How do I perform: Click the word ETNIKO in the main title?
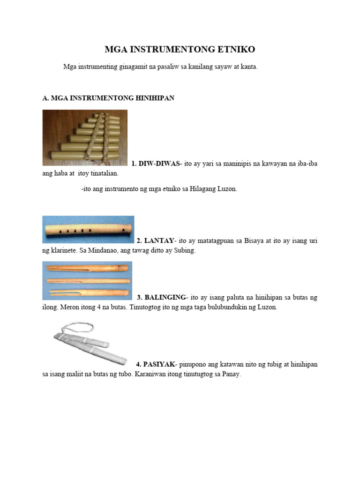click(233, 50)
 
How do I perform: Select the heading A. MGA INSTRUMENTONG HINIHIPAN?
click(108, 98)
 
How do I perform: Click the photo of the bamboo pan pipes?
click(85, 137)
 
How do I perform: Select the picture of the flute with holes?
click(88, 230)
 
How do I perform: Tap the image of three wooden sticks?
click(87, 280)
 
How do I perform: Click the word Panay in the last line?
click(230, 375)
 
